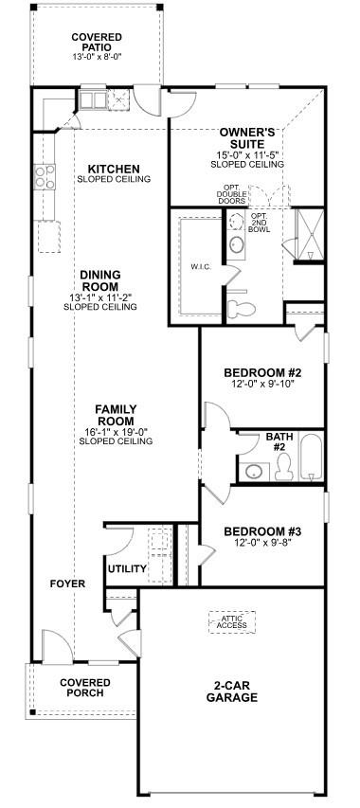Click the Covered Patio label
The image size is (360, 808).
[x=97, y=42]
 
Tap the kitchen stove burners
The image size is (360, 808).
[x=45, y=177]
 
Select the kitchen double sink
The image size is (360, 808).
[x=93, y=99]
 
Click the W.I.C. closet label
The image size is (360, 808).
[x=200, y=267]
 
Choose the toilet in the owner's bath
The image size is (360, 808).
[x=242, y=308]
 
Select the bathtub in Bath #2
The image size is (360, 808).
[x=312, y=458]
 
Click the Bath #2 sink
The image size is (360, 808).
[x=254, y=471]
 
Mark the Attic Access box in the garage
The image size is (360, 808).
[x=232, y=622]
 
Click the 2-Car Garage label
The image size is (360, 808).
[x=232, y=692]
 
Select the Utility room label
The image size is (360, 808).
[x=127, y=569]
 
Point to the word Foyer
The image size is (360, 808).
[x=67, y=584]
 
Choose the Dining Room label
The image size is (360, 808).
[x=99, y=280]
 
